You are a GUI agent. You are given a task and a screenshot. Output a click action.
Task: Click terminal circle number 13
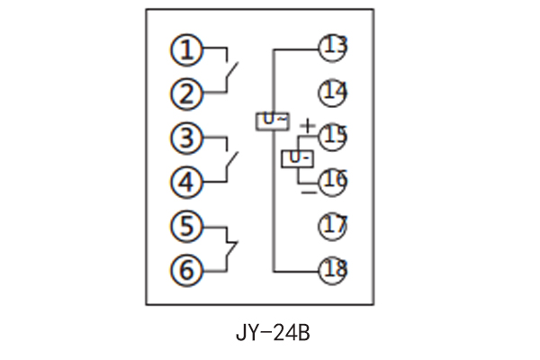click(333, 47)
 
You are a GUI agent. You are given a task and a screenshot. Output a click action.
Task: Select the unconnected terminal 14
click(333, 92)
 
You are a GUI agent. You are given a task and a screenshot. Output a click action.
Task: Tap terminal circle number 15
click(333, 137)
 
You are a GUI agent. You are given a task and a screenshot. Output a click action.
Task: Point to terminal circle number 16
click(333, 181)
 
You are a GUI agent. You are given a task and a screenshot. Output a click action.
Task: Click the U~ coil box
click(273, 120)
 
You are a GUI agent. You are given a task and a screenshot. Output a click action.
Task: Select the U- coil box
click(298, 159)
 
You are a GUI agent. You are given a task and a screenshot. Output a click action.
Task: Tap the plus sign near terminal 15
click(308, 125)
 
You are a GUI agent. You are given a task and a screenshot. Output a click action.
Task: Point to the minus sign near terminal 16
click(308, 190)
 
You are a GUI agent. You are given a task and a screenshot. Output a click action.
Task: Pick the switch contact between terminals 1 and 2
click(229, 72)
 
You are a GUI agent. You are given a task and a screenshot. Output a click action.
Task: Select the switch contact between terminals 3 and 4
click(229, 162)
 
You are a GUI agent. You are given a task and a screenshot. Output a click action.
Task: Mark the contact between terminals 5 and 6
click(229, 247)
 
